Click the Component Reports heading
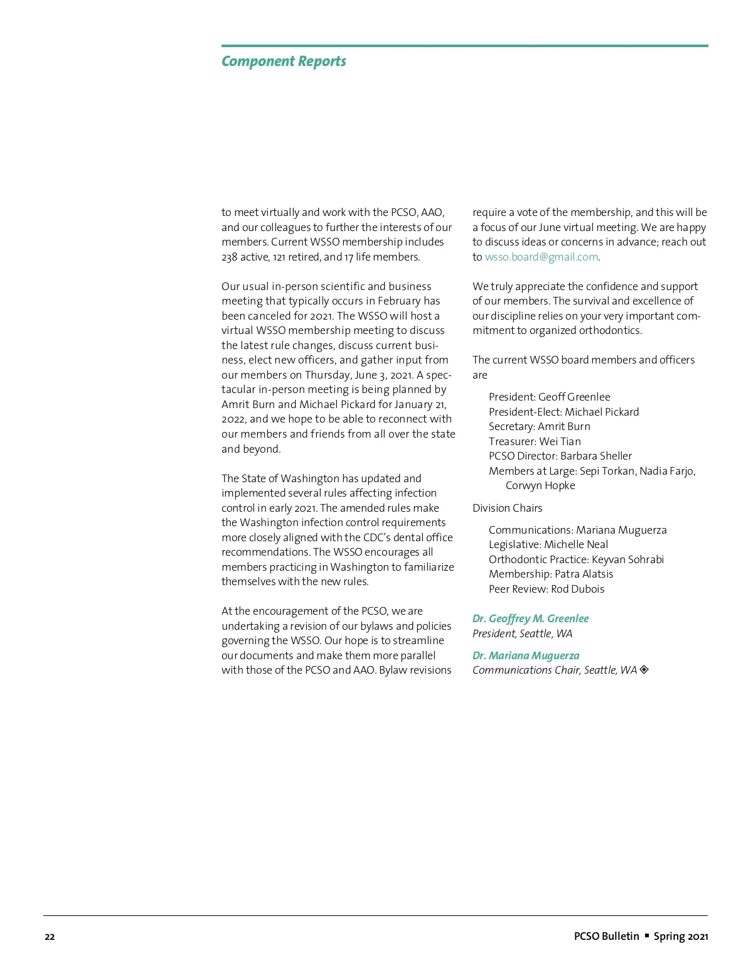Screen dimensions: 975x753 (x=284, y=62)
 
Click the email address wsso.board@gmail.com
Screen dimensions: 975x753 (x=542, y=257)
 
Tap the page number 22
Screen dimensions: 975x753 (x=50, y=937)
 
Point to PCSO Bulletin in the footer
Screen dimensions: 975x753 (x=606, y=936)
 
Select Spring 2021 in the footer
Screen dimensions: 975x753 (x=681, y=936)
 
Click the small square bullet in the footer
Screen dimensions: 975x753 (x=647, y=935)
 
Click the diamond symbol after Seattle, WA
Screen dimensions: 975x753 (x=644, y=670)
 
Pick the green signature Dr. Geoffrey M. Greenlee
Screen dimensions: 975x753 (x=530, y=618)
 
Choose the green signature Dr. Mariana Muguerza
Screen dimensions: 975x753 (x=526, y=655)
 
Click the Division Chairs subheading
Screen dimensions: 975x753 (x=507, y=508)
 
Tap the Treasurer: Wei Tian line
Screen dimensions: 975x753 (x=535, y=441)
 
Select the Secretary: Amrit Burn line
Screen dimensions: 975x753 (x=539, y=426)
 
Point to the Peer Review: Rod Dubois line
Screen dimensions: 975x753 (x=547, y=589)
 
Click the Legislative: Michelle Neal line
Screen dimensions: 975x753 (x=548, y=544)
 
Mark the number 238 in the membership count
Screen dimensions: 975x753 (x=230, y=257)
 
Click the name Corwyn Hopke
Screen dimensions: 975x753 (x=540, y=485)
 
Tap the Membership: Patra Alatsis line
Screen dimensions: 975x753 (x=551, y=574)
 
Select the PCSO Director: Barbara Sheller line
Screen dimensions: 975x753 (x=560, y=456)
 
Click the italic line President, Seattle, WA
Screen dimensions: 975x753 (x=522, y=633)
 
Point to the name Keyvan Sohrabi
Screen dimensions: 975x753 (x=627, y=559)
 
